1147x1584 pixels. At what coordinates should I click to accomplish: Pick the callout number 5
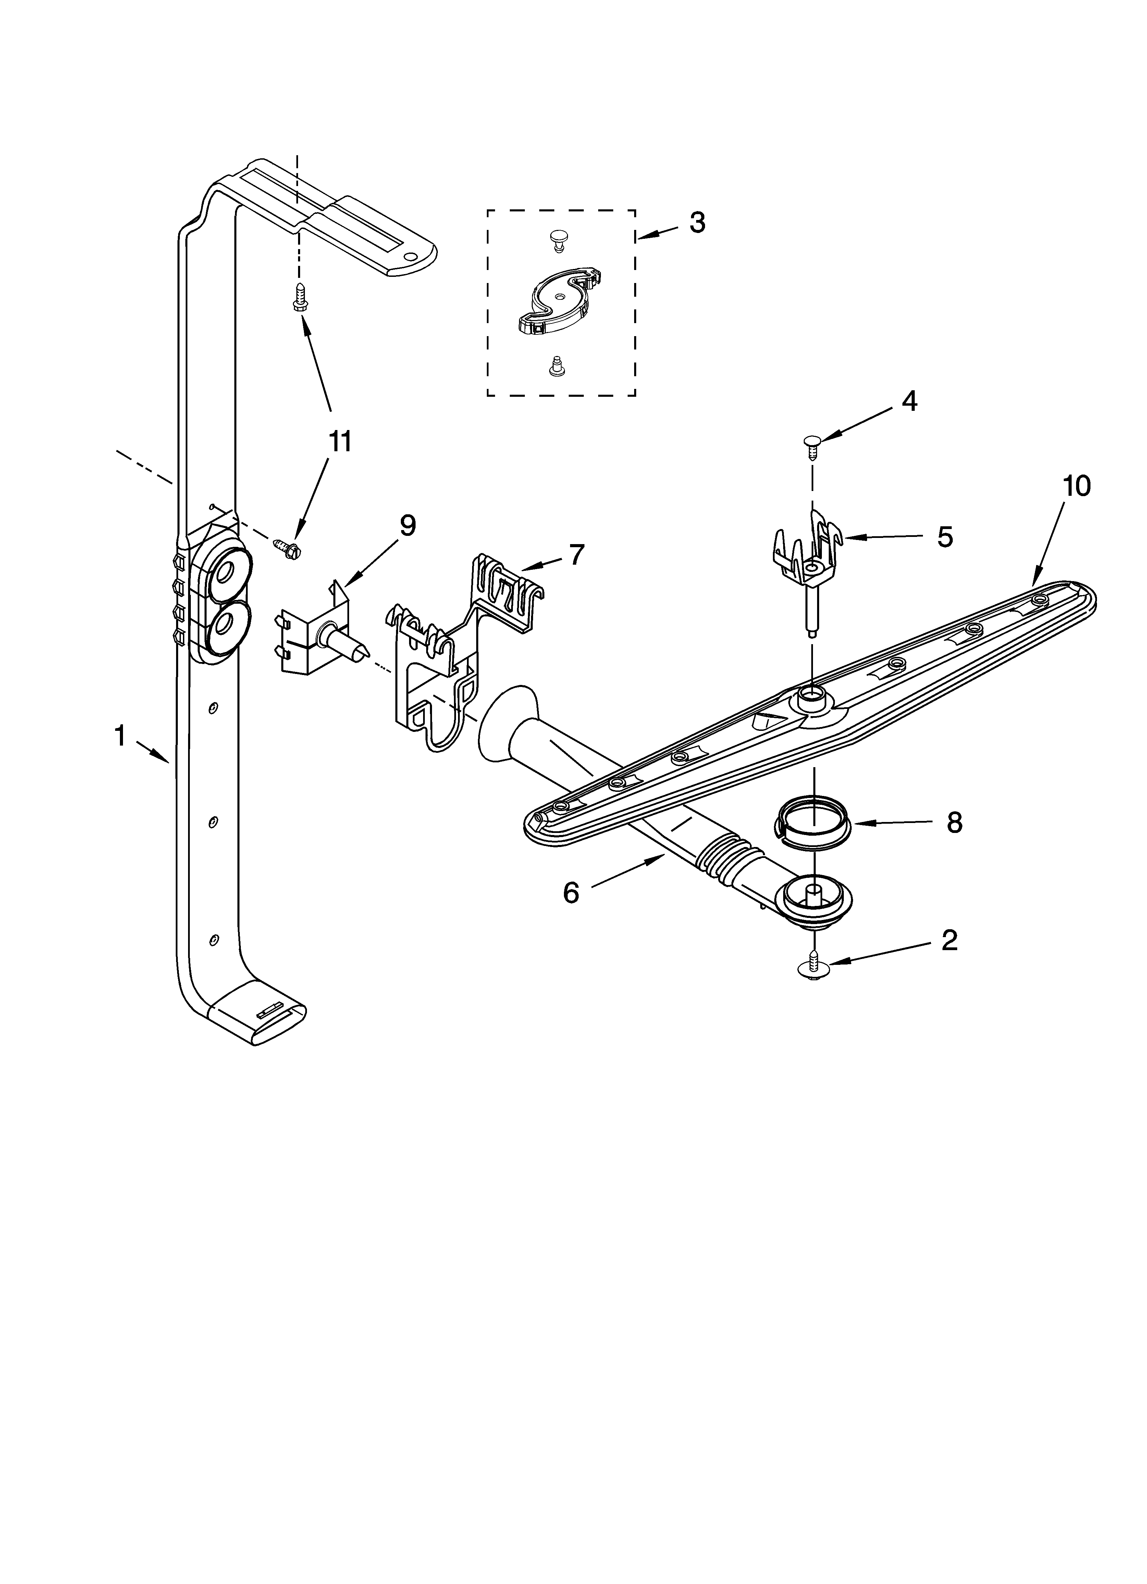(945, 537)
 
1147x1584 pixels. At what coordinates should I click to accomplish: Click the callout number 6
(571, 892)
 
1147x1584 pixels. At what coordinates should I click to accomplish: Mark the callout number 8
(954, 823)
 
